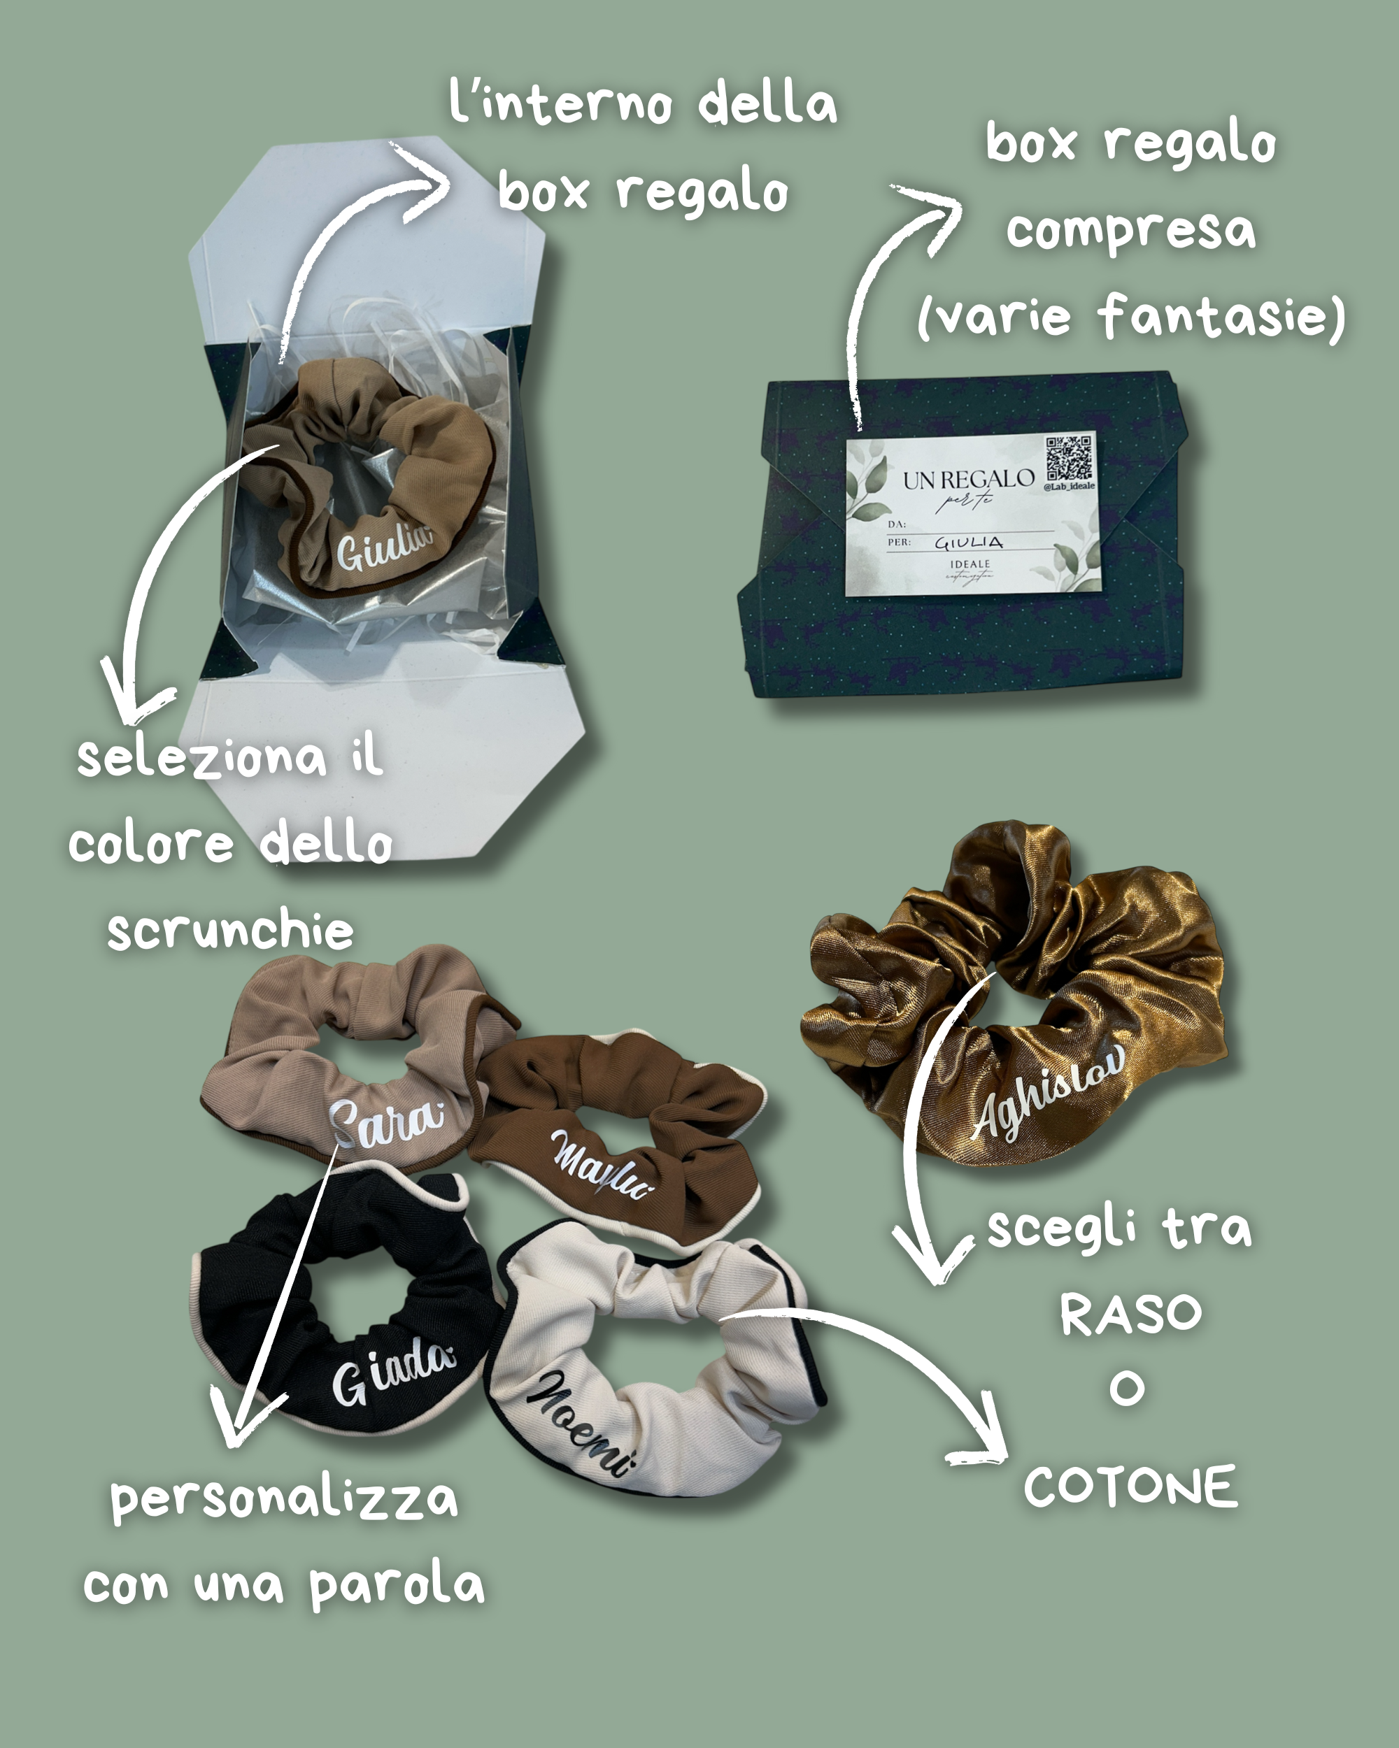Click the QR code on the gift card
pyautogui.click(x=1069, y=459)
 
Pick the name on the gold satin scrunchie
pyautogui.click(x=1049, y=1091)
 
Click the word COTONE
pyautogui.click(x=1130, y=1486)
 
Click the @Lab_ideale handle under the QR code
pyautogui.click(x=1069, y=487)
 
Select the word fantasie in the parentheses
pyautogui.click(x=1221, y=315)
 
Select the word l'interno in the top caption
pyautogui.click(x=560, y=103)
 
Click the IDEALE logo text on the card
pyautogui.click(x=970, y=564)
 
